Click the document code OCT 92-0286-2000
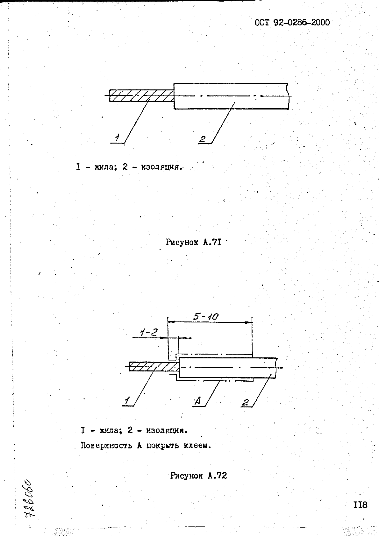point(292,23)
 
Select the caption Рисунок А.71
point(193,243)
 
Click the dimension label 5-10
point(206,317)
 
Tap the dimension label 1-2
point(149,332)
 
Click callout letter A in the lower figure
point(197,401)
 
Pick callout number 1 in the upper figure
point(117,138)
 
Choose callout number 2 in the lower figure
point(246,402)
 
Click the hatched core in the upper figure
point(142,96)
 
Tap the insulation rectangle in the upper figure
point(231,96)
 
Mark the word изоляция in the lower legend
point(166,431)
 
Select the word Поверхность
point(106,445)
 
